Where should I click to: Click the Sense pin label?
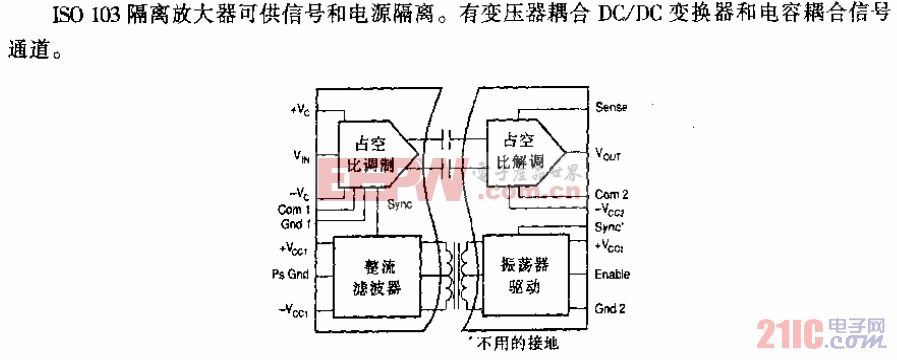610,106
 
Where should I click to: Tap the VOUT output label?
611,155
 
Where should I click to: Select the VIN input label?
301,156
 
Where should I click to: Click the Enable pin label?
612,273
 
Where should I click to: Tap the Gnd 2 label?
610,309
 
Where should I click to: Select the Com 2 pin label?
611,193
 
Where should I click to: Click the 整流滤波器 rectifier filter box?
376,275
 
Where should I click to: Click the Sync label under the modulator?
400,204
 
